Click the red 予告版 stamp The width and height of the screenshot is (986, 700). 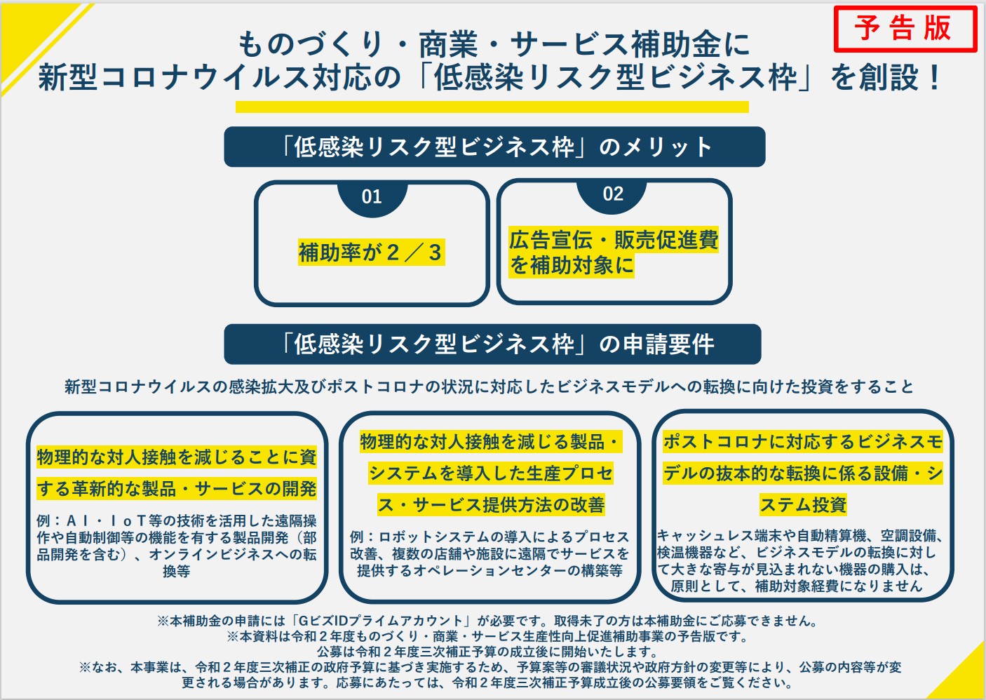tap(905, 29)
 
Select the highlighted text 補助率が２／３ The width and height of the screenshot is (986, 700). tap(372, 253)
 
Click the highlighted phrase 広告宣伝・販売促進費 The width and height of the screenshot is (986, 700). tap(614, 240)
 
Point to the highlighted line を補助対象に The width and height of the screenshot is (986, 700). tap(572, 265)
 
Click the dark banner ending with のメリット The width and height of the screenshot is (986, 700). tap(495, 147)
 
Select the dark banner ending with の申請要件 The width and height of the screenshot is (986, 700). tap(492, 344)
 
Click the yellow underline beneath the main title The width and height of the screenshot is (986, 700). tap(492, 107)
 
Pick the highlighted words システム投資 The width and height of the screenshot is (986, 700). tap(803, 504)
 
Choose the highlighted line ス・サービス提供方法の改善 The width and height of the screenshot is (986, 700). tap(491, 504)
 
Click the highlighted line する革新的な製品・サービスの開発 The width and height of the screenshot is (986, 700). tap(177, 489)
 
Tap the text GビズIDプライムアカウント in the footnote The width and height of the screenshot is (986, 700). tap(380, 621)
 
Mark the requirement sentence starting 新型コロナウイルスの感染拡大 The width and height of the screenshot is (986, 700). tap(489, 386)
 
